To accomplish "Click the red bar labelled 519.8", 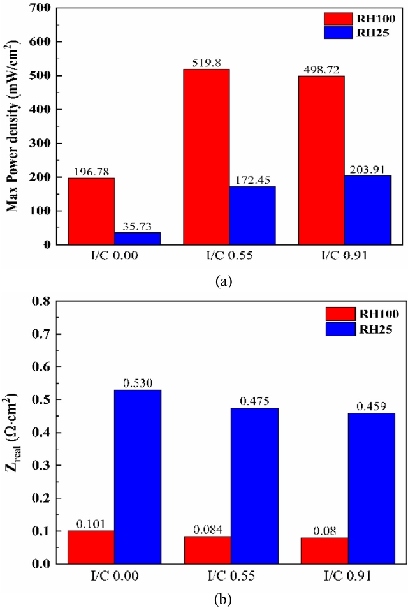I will tap(207, 156).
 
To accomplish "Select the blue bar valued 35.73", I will tap(137, 237).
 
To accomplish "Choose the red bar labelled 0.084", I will tap(207, 550).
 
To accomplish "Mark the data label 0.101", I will tap(91, 523).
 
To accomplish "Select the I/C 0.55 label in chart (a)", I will tap(230, 258).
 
